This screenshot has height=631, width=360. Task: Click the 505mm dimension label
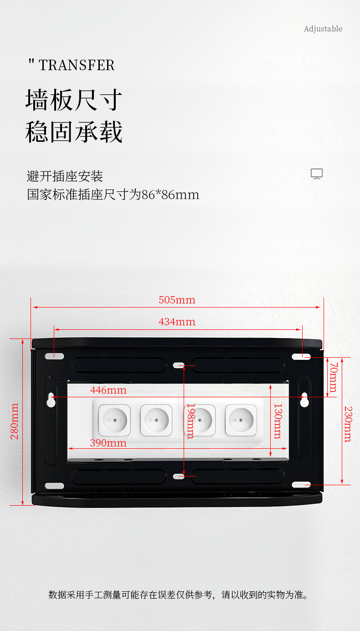click(177, 300)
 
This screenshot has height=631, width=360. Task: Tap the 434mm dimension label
click(177, 322)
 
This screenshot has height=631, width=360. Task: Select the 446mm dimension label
click(108, 390)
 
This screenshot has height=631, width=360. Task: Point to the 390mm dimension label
click(108, 442)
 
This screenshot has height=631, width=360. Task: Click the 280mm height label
click(15, 421)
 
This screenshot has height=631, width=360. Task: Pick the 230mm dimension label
click(348, 424)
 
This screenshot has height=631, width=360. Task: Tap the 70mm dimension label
click(333, 377)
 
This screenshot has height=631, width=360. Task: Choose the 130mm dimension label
click(278, 421)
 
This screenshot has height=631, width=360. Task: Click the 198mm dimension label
click(190, 421)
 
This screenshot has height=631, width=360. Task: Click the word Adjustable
click(323, 29)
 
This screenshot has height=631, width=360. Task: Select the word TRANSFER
click(77, 65)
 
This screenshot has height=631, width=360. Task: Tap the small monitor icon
click(317, 174)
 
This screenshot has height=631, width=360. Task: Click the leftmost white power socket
click(115, 420)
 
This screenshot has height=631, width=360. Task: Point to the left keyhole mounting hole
click(51, 399)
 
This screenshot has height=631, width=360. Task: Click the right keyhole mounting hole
click(304, 399)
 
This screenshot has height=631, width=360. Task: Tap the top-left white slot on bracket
click(54, 356)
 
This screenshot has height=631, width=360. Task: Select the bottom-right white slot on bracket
click(301, 485)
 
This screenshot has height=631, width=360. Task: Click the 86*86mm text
click(170, 195)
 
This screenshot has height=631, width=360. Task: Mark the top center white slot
click(179, 365)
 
